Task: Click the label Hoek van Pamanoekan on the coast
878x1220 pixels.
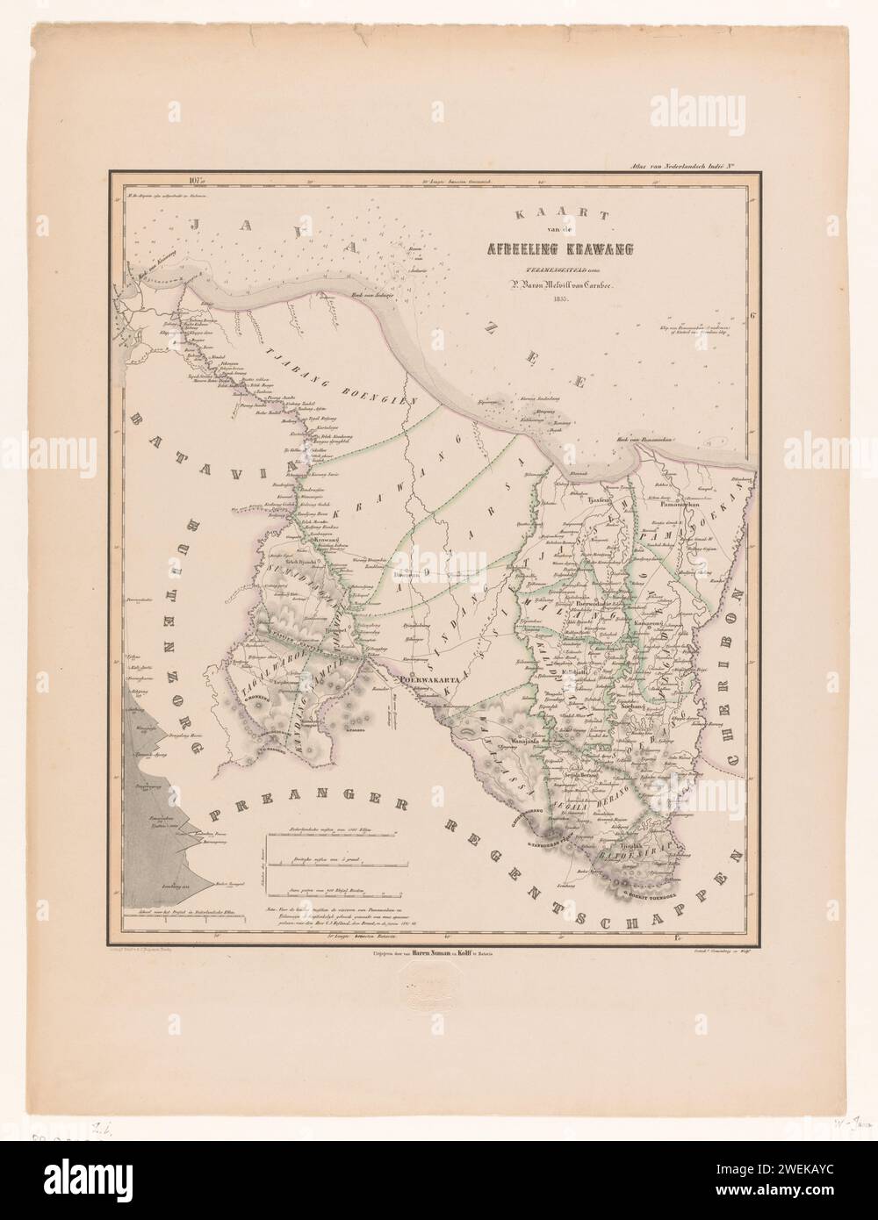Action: (x=619, y=437)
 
